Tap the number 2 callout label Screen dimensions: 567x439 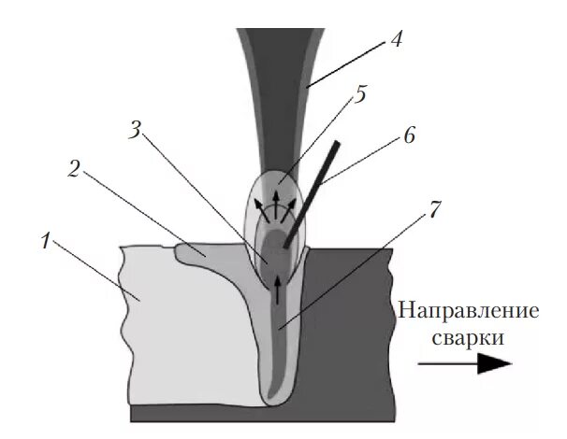click(x=75, y=170)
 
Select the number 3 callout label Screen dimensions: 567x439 click(x=135, y=130)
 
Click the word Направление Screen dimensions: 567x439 click(x=467, y=311)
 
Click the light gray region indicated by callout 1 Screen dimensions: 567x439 click(x=178, y=318)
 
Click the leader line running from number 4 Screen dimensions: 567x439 click(x=346, y=65)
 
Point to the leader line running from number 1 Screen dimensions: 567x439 click(x=94, y=271)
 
